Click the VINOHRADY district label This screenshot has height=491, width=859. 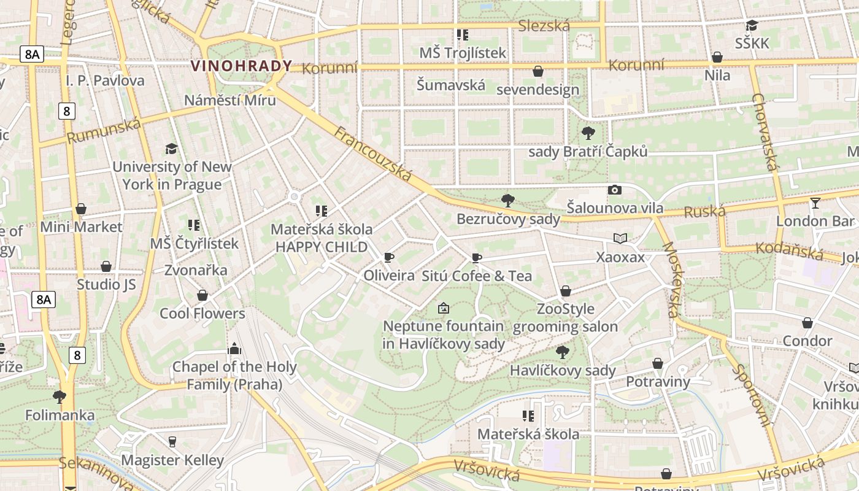(241, 66)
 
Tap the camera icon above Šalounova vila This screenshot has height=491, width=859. (614, 190)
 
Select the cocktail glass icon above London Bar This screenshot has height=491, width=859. (815, 203)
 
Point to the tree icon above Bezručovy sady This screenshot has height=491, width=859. (507, 200)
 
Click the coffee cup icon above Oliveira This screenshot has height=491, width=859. (388, 257)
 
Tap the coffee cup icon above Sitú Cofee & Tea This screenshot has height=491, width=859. (477, 258)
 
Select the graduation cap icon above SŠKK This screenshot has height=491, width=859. (752, 25)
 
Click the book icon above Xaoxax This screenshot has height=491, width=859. (620, 238)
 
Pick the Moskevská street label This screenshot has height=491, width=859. (672, 279)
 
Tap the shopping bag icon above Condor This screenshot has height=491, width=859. (807, 323)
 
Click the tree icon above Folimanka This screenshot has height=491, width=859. (60, 397)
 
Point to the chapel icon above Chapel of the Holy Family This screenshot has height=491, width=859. (234, 349)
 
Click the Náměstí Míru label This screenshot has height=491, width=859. (230, 99)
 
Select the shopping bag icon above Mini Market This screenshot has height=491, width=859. (81, 209)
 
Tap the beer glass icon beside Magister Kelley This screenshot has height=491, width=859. (172, 442)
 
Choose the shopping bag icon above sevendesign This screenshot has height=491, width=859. (537, 71)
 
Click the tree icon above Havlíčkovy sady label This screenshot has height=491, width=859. (562, 352)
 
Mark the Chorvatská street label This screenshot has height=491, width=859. (765, 132)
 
